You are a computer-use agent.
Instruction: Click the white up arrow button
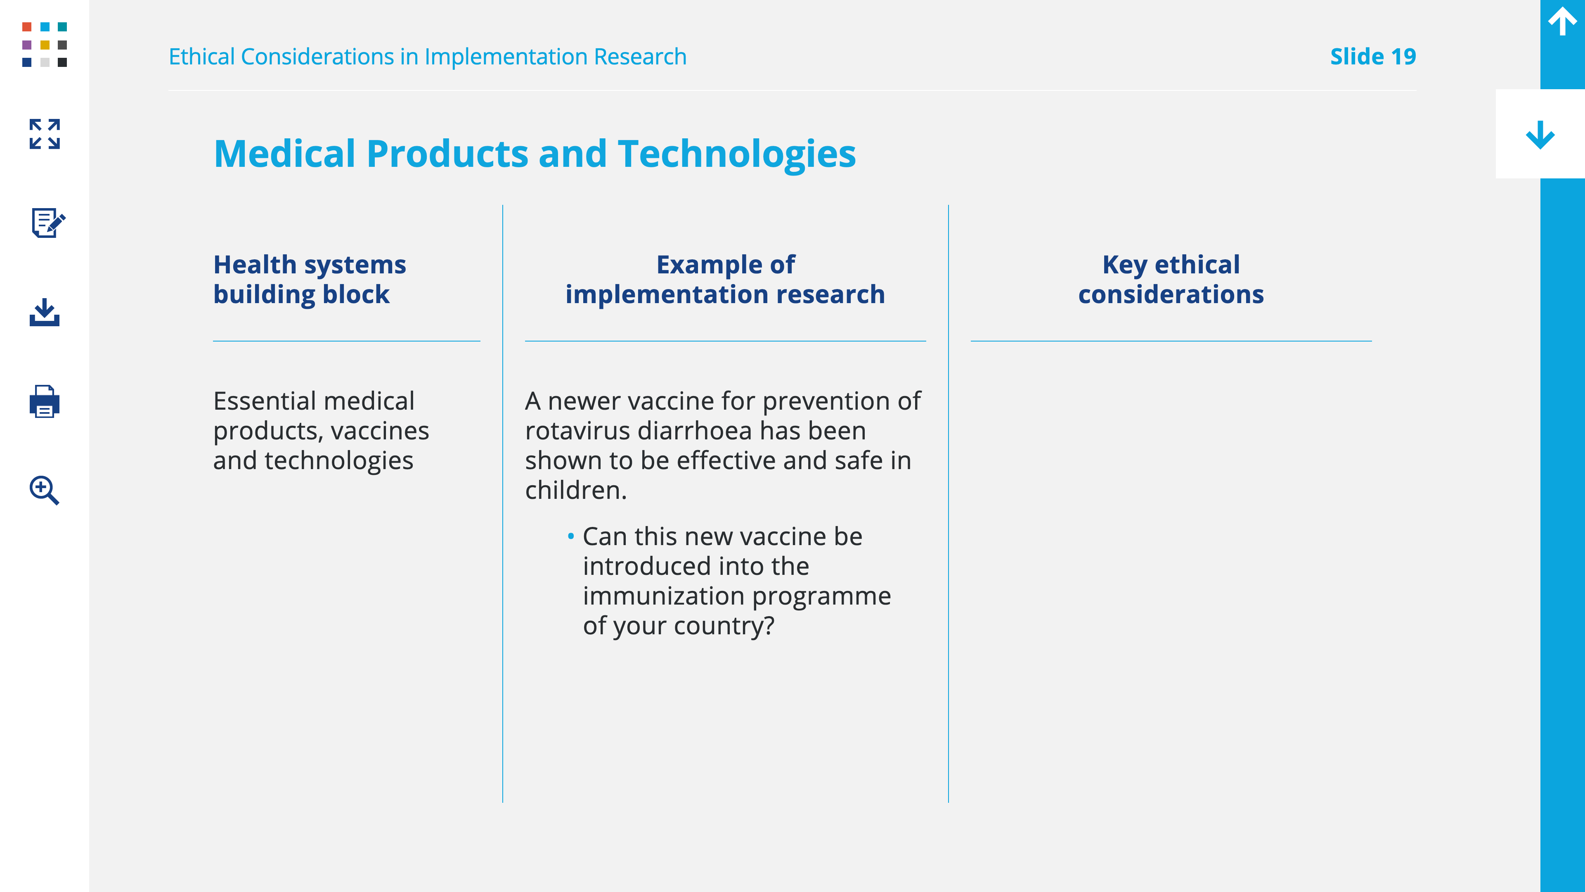[1562, 21]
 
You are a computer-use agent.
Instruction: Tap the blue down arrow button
[1540, 135]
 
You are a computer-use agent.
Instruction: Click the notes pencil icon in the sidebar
[48, 222]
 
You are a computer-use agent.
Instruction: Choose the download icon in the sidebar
[44, 312]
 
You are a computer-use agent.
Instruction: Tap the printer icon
[44, 401]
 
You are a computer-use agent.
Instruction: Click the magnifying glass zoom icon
[44, 490]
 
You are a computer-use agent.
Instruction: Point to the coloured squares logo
[44, 44]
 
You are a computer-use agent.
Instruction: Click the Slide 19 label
[1373, 57]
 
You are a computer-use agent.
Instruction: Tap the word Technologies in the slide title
[736, 154]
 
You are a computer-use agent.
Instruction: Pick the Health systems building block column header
[310, 280]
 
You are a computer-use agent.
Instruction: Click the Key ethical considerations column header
[1171, 280]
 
